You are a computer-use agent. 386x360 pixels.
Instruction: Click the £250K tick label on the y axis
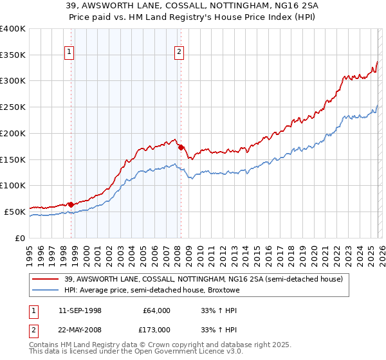pyautogui.click(x=13, y=107)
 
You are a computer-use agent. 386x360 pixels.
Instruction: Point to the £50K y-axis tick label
pyautogui.click(x=15, y=211)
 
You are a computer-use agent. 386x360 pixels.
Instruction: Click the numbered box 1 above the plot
pyautogui.click(x=69, y=53)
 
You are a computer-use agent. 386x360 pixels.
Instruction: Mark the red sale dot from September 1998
pyautogui.click(x=71, y=204)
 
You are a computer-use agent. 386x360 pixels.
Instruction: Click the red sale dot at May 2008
pyautogui.click(x=181, y=147)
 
